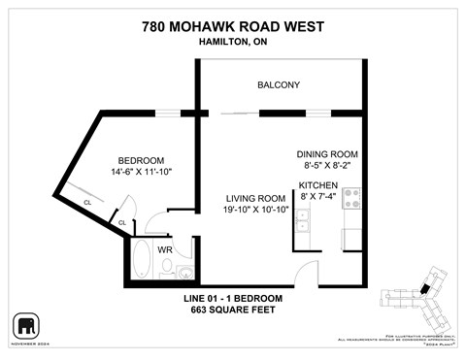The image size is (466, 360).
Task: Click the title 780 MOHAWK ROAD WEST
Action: (233, 25)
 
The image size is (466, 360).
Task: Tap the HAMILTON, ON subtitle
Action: (233, 42)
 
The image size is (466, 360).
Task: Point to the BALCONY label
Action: (278, 85)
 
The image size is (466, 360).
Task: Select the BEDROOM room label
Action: (141, 161)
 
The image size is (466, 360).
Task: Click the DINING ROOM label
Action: (328, 154)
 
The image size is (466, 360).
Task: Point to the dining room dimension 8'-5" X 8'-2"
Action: (328, 166)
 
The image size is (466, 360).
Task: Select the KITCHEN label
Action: (317, 185)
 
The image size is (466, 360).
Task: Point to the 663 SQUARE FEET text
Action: (233, 310)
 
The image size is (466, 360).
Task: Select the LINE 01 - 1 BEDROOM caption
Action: (233, 297)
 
